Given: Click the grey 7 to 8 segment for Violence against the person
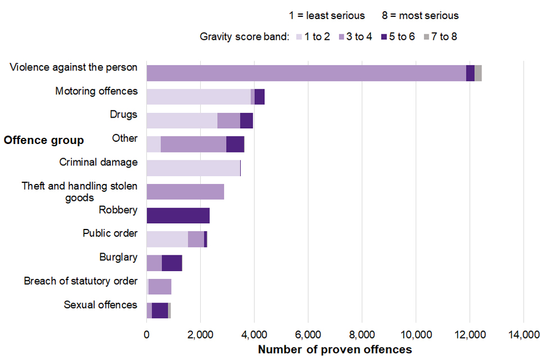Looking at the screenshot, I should [x=478, y=73].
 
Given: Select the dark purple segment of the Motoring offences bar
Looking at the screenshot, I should [x=259, y=97].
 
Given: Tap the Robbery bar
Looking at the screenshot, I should [x=178, y=215].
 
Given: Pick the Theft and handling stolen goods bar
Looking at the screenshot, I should [x=185, y=192].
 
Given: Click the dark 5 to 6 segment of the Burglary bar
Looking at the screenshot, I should [x=172, y=263].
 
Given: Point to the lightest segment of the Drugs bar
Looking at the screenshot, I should [x=182, y=120].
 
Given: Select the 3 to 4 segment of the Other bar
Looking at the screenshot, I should [x=193, y=144].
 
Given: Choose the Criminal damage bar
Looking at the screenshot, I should [x=193, y=168].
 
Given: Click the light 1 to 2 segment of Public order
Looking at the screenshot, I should [x=167, y=239].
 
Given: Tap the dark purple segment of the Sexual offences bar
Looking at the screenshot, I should [x=160, y=310].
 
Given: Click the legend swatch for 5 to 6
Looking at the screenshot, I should [x=384, y=37].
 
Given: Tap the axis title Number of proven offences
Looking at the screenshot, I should [x=335, y=350].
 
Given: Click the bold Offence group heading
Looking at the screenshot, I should [x=44, y=140].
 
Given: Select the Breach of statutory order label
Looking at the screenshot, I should [x=80, y=281].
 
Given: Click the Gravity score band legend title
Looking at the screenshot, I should [x=244, y=37].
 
